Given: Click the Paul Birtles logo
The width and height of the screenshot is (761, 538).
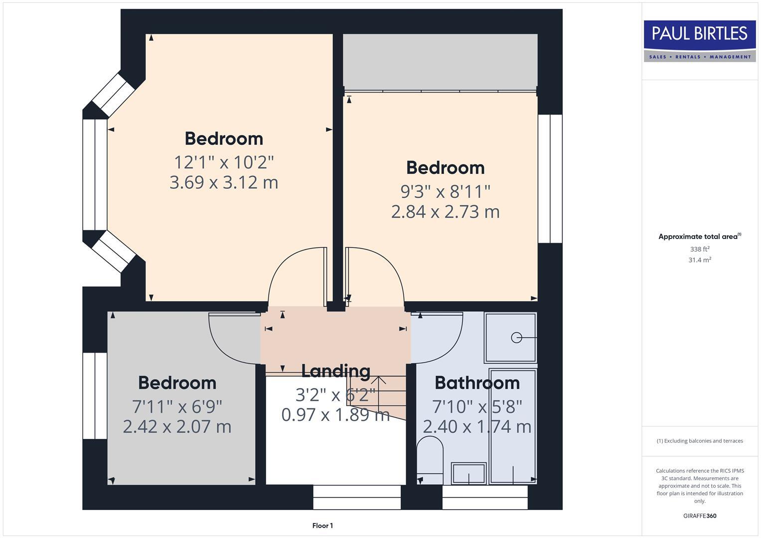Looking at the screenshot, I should click(x=700, y=41).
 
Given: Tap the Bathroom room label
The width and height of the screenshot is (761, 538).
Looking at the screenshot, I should click(x=477, y=383).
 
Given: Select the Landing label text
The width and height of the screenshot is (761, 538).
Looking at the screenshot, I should click(x=335, y=371).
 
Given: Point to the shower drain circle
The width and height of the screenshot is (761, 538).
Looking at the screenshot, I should click(x=516, y=338).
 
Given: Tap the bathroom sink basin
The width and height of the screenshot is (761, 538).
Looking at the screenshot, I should click(x=468, y=473).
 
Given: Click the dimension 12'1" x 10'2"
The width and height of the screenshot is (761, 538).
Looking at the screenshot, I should click(x=224, y=162).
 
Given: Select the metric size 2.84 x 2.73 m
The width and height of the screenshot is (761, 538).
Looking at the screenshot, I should click(x=445, y=212).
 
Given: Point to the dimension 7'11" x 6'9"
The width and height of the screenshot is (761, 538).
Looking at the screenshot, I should click(x=177, y=406).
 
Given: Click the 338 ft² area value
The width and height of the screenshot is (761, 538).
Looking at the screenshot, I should click(x=700, y=249).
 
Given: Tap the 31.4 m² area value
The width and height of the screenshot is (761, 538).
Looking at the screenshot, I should click(x=700, y=260).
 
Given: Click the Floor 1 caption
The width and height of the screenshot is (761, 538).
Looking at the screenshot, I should click(x=322, y=526).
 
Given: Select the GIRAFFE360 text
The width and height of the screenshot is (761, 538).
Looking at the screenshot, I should click(x=700, y=516).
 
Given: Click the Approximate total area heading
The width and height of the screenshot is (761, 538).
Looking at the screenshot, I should click(x=699, y=237).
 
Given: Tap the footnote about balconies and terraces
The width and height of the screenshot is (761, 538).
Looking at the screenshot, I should click(x=700, y=441).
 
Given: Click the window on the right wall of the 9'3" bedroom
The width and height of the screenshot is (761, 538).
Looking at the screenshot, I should click(x=550, y=178).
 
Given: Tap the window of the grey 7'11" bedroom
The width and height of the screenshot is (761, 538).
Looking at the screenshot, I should click(x=95, y=396).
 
